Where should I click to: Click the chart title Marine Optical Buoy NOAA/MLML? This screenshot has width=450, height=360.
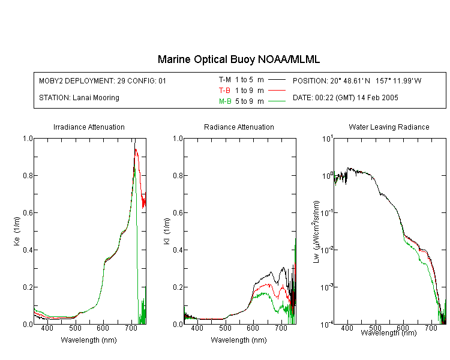(238, 59)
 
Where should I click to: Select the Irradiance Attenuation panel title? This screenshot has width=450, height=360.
(89, 127)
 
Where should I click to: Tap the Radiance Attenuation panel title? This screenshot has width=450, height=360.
(239, 127)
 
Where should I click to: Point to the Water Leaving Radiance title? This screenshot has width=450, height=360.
(389, 127)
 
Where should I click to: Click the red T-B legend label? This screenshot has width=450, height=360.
(224, 91)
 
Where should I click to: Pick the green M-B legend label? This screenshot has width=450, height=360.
(225, 101)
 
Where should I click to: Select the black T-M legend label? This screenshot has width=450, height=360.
(225, 80)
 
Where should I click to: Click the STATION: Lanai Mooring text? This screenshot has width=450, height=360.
(79, 98)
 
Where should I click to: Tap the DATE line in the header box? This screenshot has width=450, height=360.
(345, 98)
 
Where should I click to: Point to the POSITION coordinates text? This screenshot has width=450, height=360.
(357, 80)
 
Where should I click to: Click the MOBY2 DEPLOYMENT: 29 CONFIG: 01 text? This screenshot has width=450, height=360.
(103, 80)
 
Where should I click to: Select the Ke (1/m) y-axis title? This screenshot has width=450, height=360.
(17, 232)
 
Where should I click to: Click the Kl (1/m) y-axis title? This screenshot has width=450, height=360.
(167, 232)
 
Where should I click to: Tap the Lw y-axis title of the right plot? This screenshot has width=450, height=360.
(316, 232)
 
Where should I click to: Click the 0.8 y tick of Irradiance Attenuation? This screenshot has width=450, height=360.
(28, 175)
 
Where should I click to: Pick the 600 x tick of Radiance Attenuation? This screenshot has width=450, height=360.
(253, 328)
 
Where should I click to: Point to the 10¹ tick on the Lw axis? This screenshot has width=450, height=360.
(328, 139)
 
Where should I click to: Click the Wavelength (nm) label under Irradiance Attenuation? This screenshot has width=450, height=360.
(89, 340)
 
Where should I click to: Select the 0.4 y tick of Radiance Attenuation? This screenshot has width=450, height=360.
(178, 250)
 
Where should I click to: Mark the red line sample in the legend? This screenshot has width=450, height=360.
(277, 91)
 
